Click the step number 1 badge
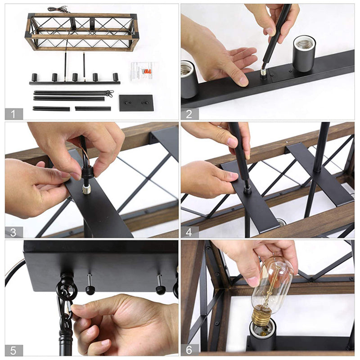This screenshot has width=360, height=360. tap(13, 114)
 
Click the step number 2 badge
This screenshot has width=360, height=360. tap(189, 114)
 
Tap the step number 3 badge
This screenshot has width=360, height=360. tap(13, 232)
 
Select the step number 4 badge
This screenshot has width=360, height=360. tap(189, 232)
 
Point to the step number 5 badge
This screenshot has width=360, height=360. tap(13, 350)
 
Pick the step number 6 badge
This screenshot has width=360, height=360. tap(189, 350)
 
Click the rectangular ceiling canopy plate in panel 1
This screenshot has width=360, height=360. tap(136, 103)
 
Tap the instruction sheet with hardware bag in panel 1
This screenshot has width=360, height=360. tap(143, 71)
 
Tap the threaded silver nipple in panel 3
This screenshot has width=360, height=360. tap(86, 189)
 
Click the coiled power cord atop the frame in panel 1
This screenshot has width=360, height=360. tap(58, 9)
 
